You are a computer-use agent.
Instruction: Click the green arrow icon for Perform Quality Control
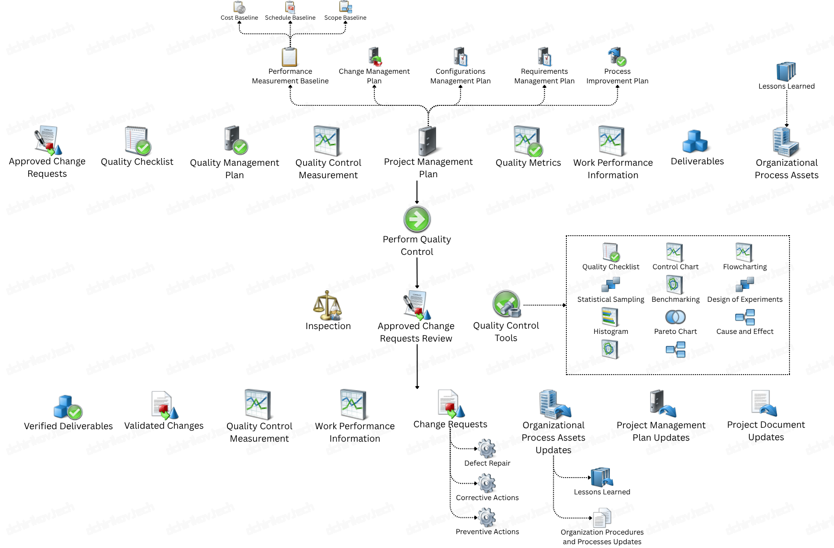coord(417,219)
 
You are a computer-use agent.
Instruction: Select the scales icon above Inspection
coord(327,305)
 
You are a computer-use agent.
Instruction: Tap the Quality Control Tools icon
coord(507,304)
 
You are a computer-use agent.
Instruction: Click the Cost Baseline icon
coord(239,7)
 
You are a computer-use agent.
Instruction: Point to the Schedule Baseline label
coord(290,18)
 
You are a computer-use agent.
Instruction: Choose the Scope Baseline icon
coord(345,7)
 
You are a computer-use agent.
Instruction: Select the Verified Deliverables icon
coord(68,407)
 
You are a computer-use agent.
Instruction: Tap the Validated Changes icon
coord(164,405)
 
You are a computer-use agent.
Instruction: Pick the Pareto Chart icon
coord(675,317)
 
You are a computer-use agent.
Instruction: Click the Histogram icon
coord(610,317)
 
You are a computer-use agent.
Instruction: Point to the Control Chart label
coord(675,267)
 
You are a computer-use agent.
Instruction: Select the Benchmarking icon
coord(675,285)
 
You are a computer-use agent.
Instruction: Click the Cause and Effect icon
coord(745,317)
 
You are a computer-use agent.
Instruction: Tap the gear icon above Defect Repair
coord(487,449)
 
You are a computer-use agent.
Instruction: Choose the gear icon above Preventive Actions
coord(487,518)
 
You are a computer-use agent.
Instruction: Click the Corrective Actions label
coord(487,498)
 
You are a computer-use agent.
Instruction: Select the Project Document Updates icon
coord(764,403)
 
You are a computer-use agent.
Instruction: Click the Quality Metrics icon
coord(528,141)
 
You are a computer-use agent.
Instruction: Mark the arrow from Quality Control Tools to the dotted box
coord(545,305)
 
